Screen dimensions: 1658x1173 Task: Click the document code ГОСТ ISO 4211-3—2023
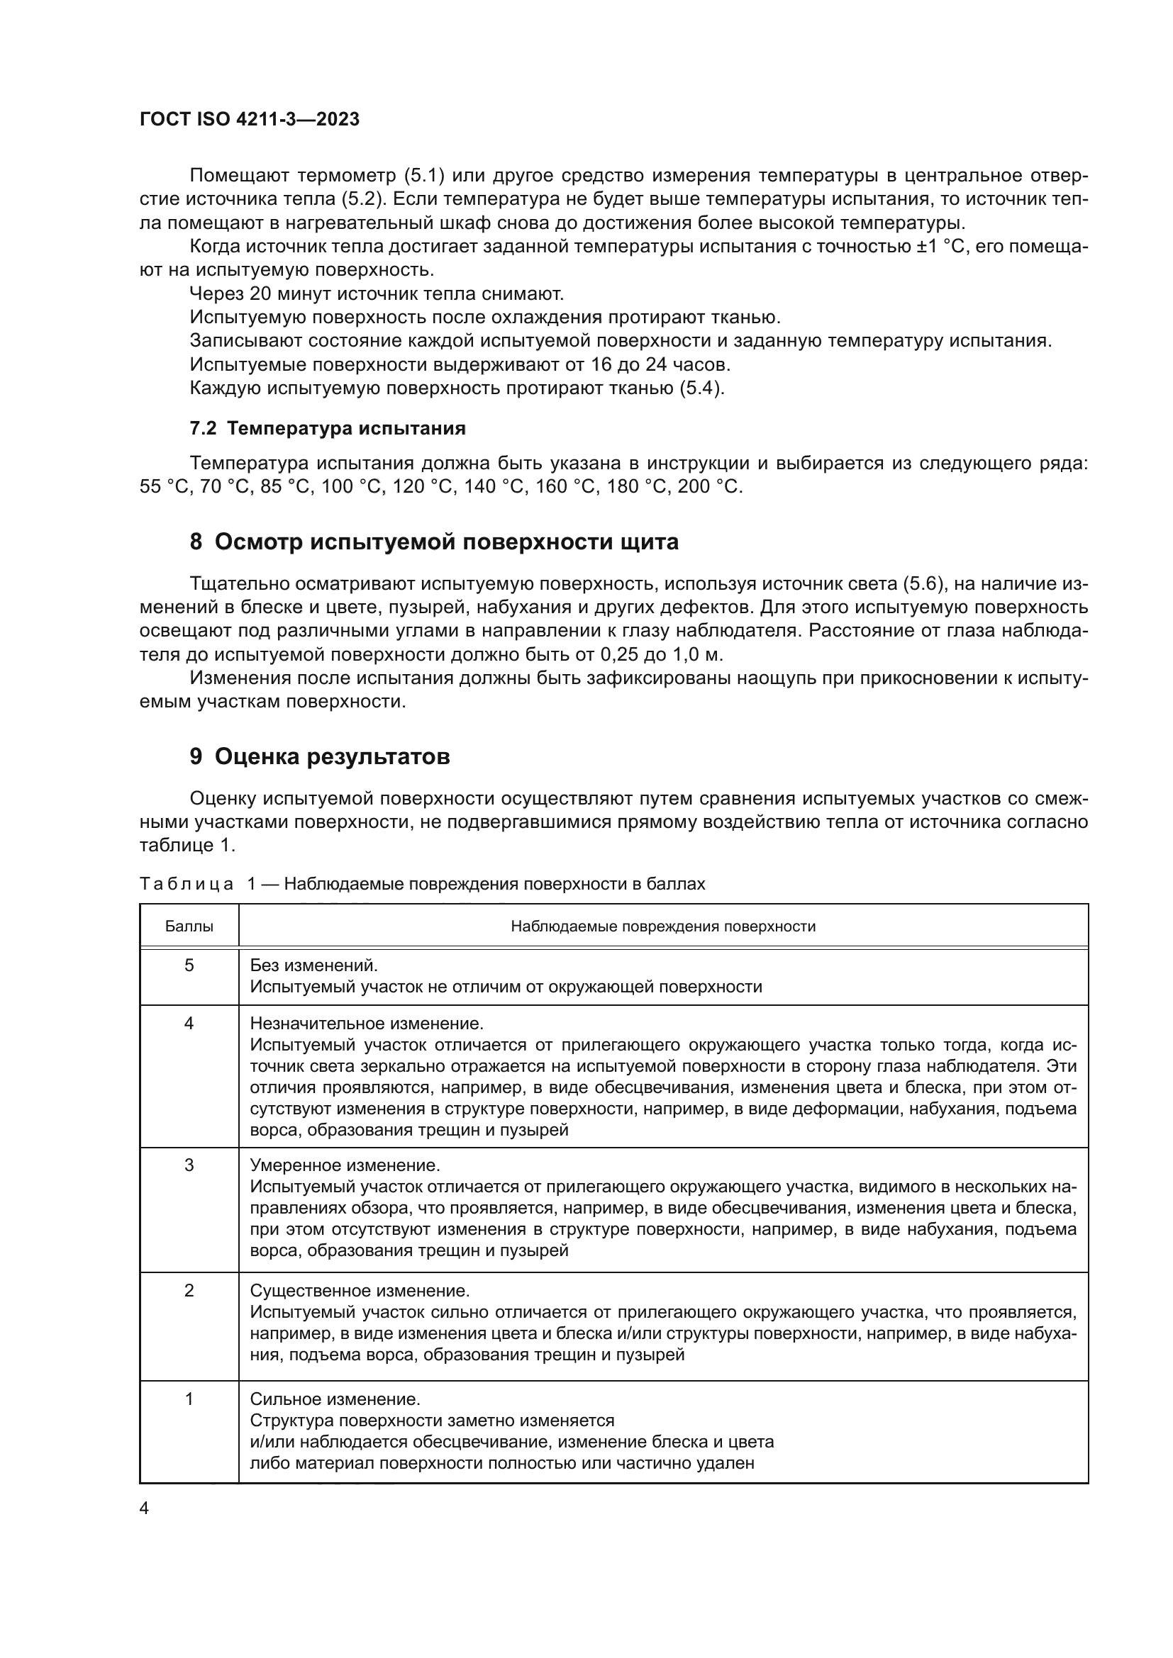[x=249, y=120]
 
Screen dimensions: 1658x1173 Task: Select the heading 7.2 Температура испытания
[x=327, y=428]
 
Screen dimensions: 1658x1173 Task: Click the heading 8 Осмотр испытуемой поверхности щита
[x=434, y=542]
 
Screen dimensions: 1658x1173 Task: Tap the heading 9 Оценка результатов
[x=320, y=756]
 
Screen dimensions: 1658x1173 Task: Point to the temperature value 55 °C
[x=162, y=487]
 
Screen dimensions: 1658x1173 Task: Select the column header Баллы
[x=189, y=926]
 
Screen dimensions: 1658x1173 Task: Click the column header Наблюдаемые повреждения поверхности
[x=663, y=926]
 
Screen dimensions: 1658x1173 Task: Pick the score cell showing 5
[x=189, y=965]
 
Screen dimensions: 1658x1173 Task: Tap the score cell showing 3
[x=189, y=1165]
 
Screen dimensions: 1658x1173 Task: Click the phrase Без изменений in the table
[x=313, y=965]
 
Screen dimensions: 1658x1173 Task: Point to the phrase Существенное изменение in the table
[x=360, y=1290]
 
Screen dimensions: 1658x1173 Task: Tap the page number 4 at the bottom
[x=144, y=1508]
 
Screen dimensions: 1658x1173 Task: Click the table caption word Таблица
[x=187, y=884]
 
